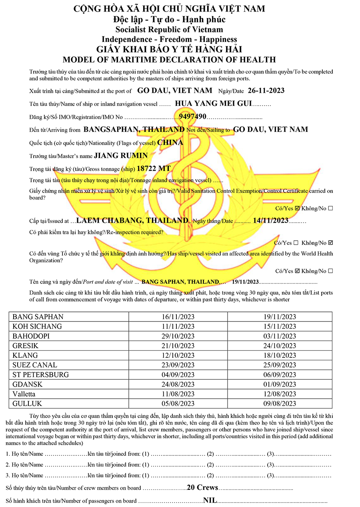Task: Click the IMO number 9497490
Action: (192, 117)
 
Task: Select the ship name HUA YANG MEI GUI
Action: (214, 104)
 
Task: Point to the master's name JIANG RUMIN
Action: (121, 156)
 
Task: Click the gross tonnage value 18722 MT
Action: (154, 168)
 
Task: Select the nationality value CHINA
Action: (170, 142)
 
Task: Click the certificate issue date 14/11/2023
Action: (270, 220)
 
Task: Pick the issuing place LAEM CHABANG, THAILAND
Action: (132, 220)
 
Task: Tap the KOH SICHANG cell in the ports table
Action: (37, 326)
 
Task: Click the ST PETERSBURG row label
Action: (41, 375)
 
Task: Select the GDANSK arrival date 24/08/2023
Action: (178, 384)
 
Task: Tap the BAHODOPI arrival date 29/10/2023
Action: (178, 336)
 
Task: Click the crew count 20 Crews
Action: (202, 487)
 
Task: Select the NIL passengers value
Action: (210, 500)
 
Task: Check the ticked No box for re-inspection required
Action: (330, 243)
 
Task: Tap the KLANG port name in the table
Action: (25, 355)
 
